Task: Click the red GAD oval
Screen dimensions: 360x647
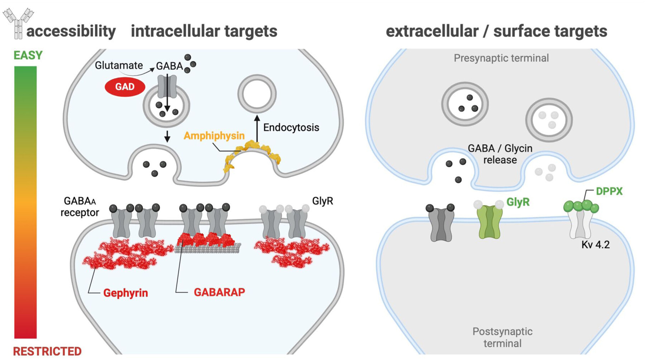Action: (x=125, y=87)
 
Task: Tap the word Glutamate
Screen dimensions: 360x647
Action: (x=118, y=65)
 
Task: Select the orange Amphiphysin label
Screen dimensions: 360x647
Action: (x=214, y=136)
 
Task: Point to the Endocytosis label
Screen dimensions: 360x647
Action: (x=291, y=127)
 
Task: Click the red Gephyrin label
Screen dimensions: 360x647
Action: (x=126, y=293)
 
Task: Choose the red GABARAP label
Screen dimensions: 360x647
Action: (x=219, y=292)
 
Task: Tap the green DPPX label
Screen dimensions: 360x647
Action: (x=609, y=191)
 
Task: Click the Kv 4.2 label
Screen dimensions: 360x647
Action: (x=595, y=245)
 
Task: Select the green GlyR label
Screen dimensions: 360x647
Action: (x=518, y=202)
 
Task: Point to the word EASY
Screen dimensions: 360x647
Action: (x=28, y=55)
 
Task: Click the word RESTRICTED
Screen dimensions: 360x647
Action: (x=47, y=351)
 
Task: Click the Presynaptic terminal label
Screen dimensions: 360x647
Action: (x=501, y=58)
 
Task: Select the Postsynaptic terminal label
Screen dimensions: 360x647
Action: (x=502, y=337)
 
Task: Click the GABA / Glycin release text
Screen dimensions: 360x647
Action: (x=500, y=154)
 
